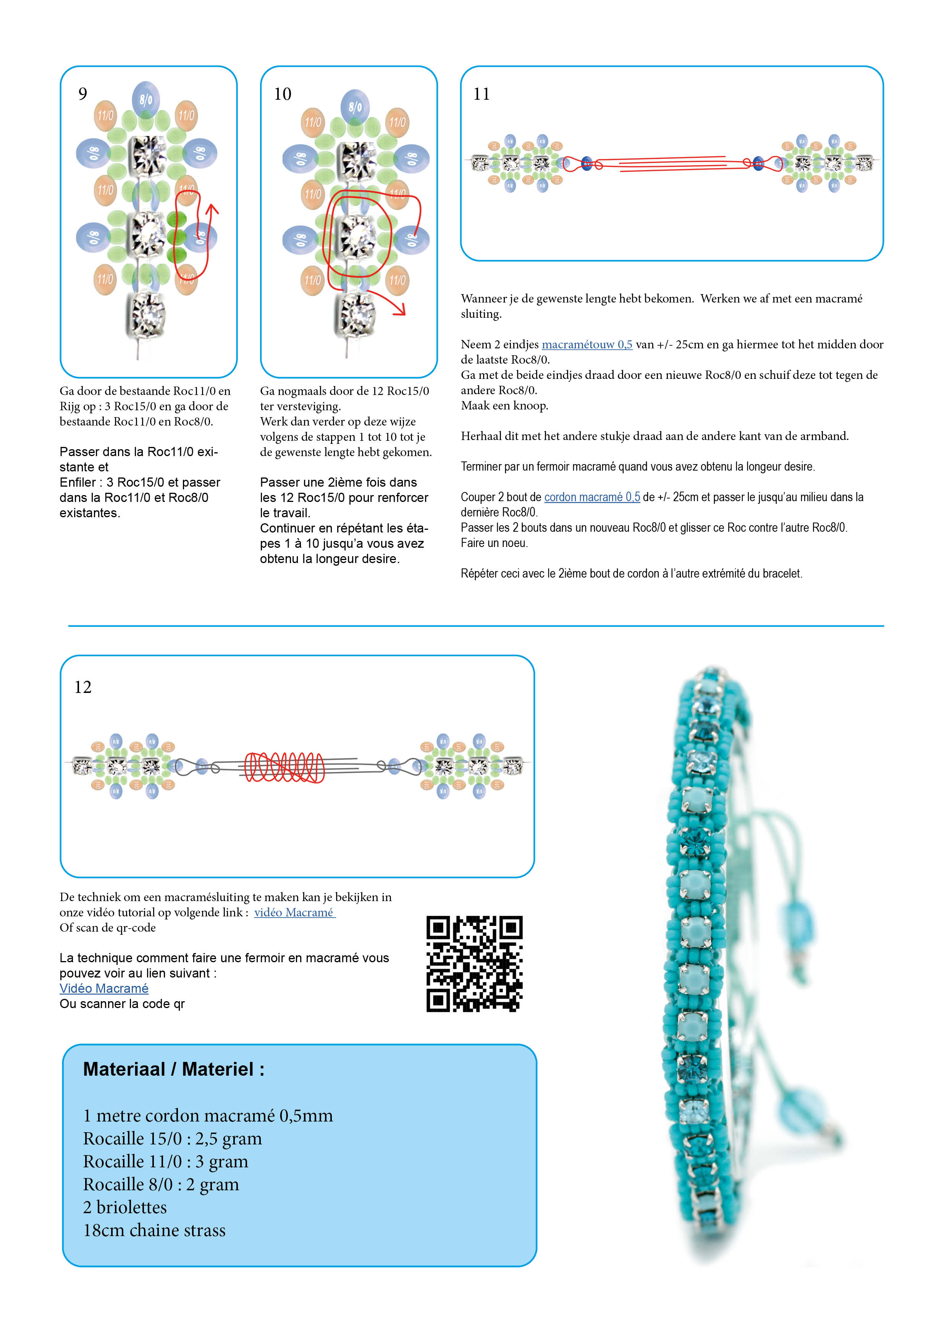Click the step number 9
(83, 94)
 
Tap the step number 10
(283, 94)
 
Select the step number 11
(482, 94)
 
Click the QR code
(474, 964)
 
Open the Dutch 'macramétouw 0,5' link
(587, 344)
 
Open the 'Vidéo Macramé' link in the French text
(104, 988)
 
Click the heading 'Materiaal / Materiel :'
(174, 1069)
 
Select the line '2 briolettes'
(125, 1207)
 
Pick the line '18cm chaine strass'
(154, 1230)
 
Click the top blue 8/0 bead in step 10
(355, 106)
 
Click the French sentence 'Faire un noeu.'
(494, 543)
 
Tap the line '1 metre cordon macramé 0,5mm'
(208, 1115)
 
